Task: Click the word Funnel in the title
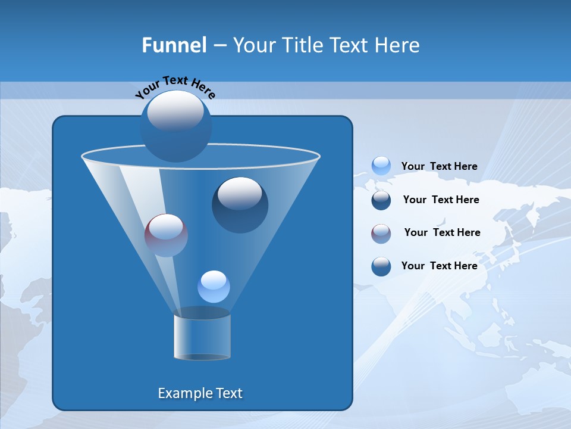[174, 45]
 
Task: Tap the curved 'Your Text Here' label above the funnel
[175, 87]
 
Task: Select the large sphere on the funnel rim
[175, 126]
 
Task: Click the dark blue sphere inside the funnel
[240, 205]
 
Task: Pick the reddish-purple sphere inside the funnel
[166, 235]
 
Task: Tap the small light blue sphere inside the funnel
[214, 287]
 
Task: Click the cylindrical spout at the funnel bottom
[202, 334]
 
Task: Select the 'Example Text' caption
[200, 393]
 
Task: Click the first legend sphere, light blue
[381, 166]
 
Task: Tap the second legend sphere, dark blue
[381, 200]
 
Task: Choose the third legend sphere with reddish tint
[381, 233]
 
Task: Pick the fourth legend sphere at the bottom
[381, 266]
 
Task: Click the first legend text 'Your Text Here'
[439, 166]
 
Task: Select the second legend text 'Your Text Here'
[441, 200]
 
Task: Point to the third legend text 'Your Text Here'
[442, 232]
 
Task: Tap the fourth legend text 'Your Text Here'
[439, 266]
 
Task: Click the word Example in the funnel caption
[184, 393]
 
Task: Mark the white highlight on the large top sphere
[175, 111]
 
